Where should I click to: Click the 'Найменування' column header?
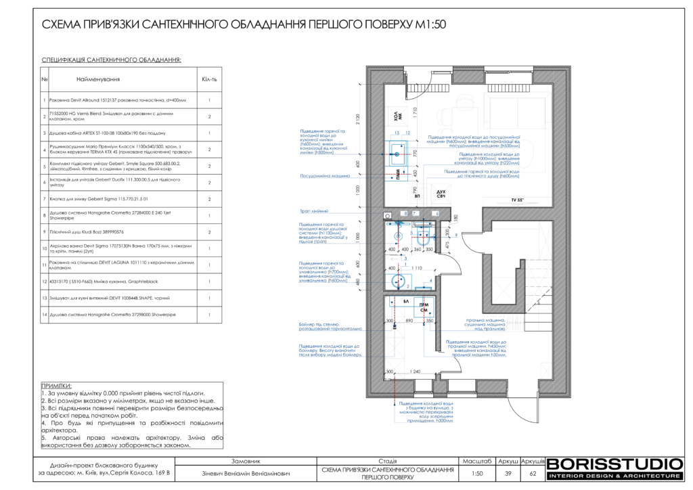tap(112, 79)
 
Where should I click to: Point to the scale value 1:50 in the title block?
tap(477, 473)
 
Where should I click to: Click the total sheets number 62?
tap(533, 473)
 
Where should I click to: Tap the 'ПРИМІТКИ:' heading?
tap(57, 385)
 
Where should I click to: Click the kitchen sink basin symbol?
tap(398, 151)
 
